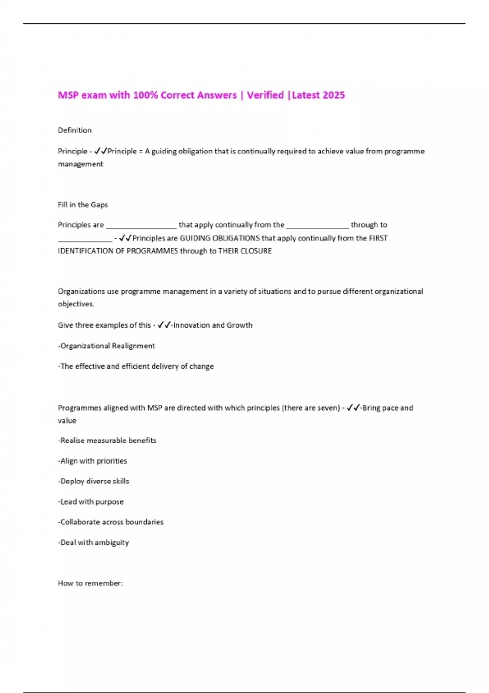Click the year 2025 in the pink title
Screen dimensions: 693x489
(x=333, y=95)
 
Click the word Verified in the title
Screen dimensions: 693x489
(x=265, y=95)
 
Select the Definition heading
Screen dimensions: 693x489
(x=75, y=130)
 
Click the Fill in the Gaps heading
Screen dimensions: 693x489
(x=83, y=205)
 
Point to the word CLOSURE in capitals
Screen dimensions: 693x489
(x=256, y=251)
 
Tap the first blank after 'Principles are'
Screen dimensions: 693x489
(x=141, y=226)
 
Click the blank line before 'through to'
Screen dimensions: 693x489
(x=317, y=226)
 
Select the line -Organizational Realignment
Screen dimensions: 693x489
(x=106, y=346)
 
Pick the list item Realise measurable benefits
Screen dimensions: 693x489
(x=107, y=440)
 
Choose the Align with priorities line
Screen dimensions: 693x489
(x=93, y=461)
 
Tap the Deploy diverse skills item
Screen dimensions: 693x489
(x=93, y=481)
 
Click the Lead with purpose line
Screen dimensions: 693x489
(x=91, y=501)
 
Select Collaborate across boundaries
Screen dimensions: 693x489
(x=111, y=522)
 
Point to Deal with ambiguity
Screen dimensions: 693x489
(x=93, y=542)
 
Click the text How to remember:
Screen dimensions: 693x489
(x=90, y=583)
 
